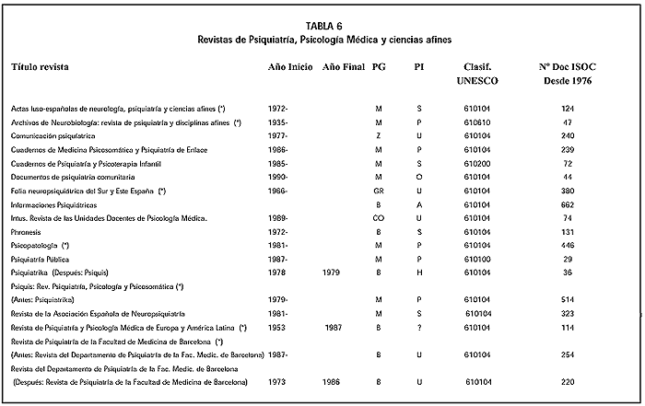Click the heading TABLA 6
pyautogui.click(x=322, y=26)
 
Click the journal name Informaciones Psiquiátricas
pyautogui.click(x=53, y=203)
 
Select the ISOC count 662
pyautogui.click(x=567, y=203)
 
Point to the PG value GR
pyautogui.click(x=378, y=190)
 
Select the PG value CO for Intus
pyautogui.click(x=378, y=217)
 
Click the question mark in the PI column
pyautogui.click(x=419, y=327)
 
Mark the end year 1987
pyautogui.click(x=334, y=327)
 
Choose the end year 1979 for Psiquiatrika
pyautogui.click(x=334, y=273)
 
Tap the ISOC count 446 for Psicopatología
pyautogui.click(x=567, y=246)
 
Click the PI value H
pyautogui.click(x=419, y=273)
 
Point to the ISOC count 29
pyautogui.click(x=567, y=260)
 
